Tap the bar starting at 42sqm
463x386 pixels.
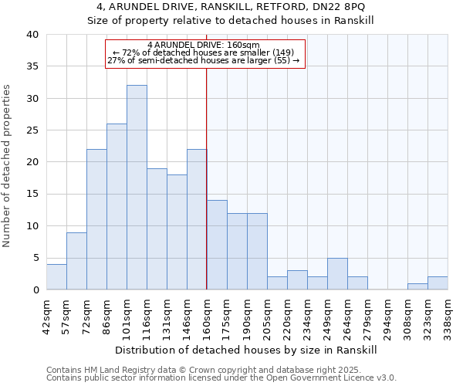(56, 277)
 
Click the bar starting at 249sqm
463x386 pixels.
(337, 274)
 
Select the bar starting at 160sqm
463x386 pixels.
(217, 245)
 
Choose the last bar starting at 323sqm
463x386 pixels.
(438, 283)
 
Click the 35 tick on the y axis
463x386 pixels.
(32, 66)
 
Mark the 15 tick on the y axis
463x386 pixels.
(32, 194)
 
